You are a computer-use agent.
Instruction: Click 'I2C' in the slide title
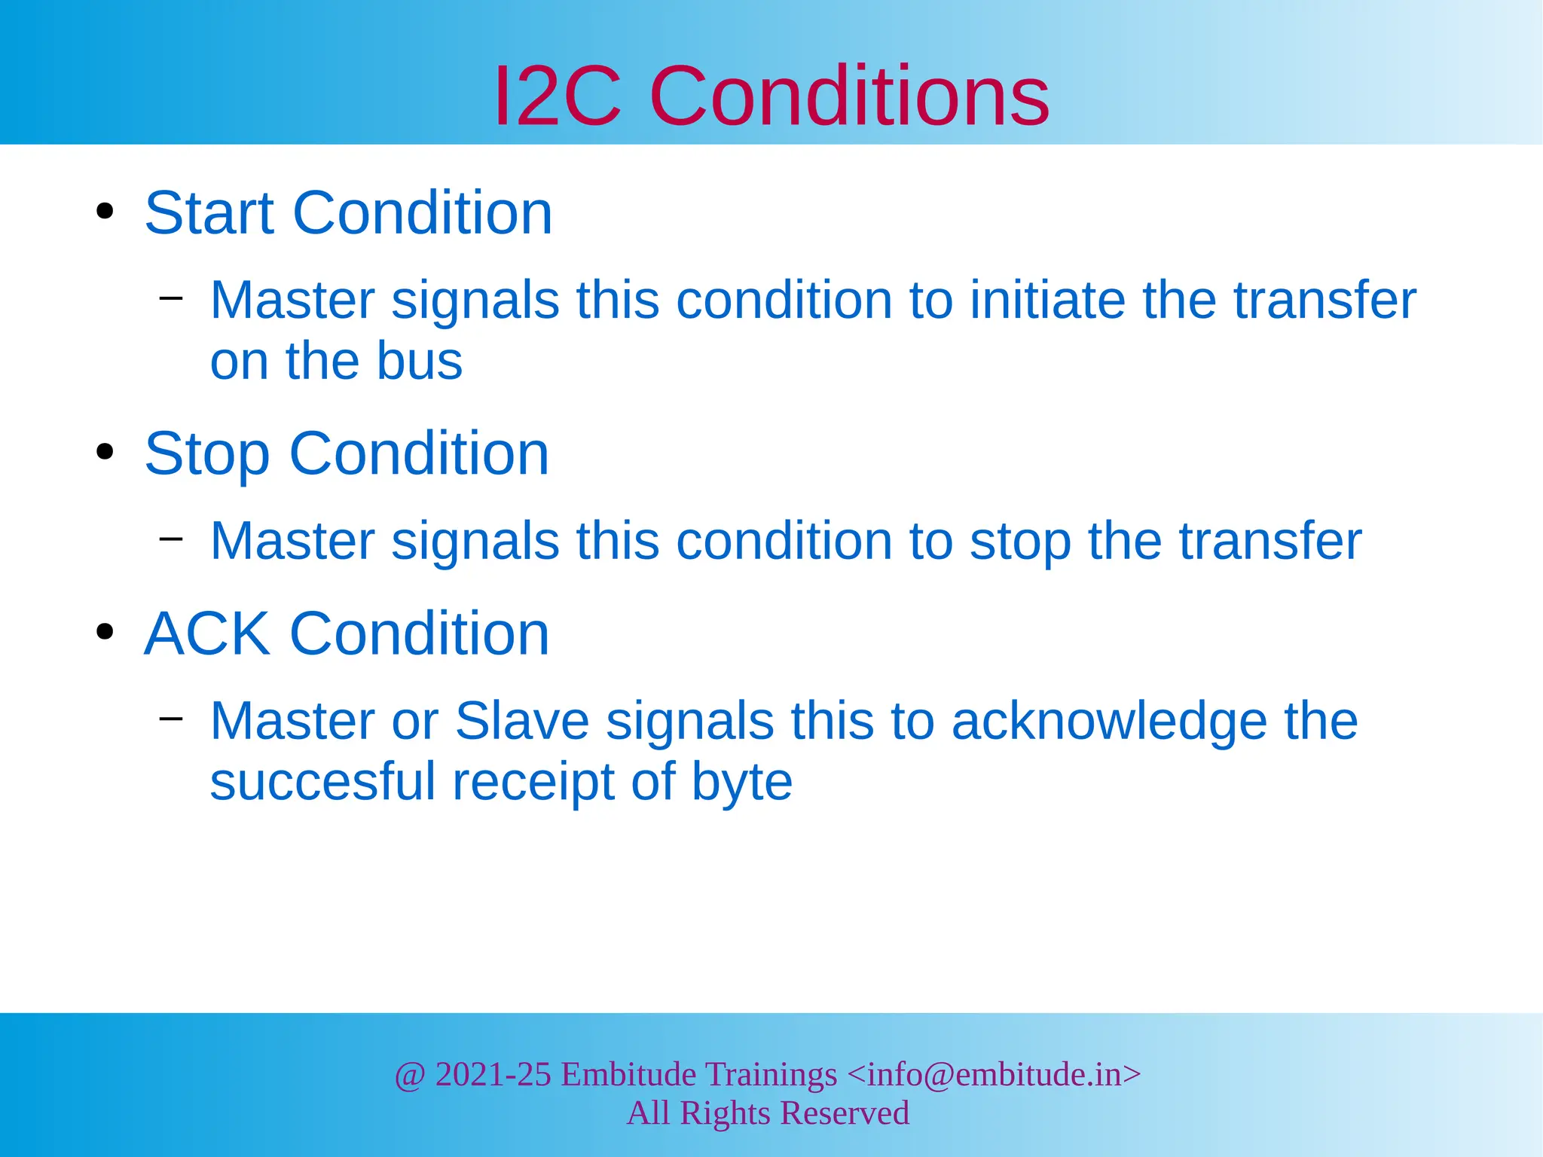click(x=558, y=96)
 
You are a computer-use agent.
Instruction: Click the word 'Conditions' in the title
click(x=849, y=96)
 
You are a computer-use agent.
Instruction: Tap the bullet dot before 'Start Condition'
click(x=105, y=212)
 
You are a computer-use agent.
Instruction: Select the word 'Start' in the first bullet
click(x=209, y=213)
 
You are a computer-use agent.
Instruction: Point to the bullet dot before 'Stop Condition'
click(x=105, y=452)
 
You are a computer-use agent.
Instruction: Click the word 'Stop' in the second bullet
click(x=206, y=454)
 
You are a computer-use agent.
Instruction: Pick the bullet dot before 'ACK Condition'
click(x=105, y=632)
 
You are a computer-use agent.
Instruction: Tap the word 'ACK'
click(x=206, y=633)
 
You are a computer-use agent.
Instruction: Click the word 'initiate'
click(x=1046, y=300)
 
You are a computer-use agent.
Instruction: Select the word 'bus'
click(x=419, y=361)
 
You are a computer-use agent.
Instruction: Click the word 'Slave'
click(x=521, y=721)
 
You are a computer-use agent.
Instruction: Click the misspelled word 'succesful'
click(x=322, y=781)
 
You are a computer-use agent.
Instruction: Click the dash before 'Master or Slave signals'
click(x=171, y=718)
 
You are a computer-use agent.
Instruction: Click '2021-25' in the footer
click(x=493, y=1074)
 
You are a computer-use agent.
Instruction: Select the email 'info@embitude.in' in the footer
click(x=994, y=1074)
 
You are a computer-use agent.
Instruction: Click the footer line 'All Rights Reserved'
click(x=768, y=1113)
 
